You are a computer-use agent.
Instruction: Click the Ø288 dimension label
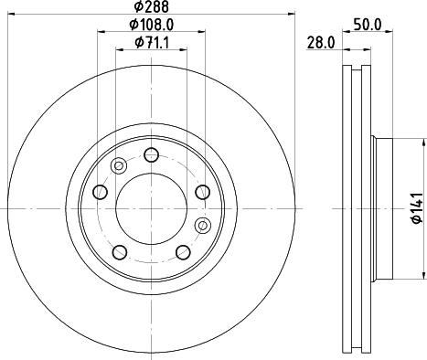tap(152, 6)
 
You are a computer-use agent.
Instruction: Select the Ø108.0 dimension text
tap(152, 25)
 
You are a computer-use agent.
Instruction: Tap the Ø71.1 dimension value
tap(152, 42)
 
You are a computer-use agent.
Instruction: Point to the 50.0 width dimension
tap(368, 25)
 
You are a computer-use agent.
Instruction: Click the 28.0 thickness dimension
tap(321, 42)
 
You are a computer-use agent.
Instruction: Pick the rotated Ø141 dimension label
tap(418, 208)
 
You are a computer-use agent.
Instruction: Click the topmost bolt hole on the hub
tap(152, 154)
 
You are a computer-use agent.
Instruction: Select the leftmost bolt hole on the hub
tap(101, 192)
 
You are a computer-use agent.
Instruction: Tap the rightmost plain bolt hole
tap(203, 192)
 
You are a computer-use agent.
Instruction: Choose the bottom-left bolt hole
tap(120, 252)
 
